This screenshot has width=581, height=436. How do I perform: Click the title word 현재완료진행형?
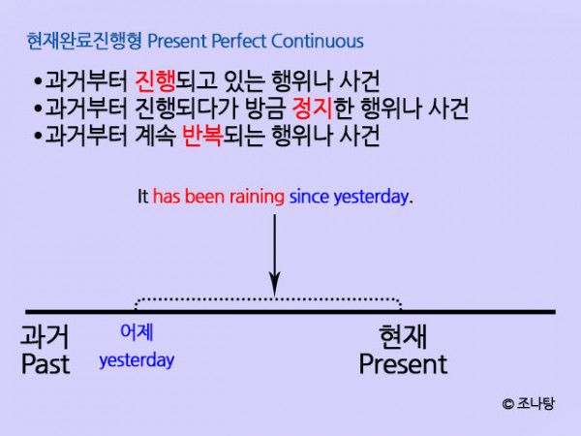click(x=85, y=41)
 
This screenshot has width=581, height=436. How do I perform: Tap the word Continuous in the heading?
click(x=318, y=41)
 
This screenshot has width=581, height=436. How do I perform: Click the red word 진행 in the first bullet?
click(x=155, y=81)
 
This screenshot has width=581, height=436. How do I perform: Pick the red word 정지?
click(x=312, y=109)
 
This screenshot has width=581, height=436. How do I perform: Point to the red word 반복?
click(x=202, y=136)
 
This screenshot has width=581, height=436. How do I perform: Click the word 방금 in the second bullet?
click(x=265, y=109)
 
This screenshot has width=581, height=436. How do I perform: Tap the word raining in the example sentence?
click(x=257, y=196)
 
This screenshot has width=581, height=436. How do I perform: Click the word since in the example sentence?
click(x=309, y=196)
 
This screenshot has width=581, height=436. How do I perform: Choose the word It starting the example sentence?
click(x=143, y=196)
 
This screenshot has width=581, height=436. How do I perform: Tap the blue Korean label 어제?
click(x=137, y=331)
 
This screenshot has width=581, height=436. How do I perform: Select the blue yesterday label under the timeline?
click(x=137, y=360)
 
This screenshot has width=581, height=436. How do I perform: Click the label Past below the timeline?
click(x=46, y=364)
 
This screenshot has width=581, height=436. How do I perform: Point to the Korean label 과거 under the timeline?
click(x=45, y=336)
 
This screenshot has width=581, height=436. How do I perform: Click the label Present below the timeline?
click(x=403, y=364)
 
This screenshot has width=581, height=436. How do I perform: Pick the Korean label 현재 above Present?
click(x=403, y=336)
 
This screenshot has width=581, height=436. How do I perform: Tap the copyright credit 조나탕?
click(x=535, y=403)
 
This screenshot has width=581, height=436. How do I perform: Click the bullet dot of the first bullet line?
click(x=38, y=81)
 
